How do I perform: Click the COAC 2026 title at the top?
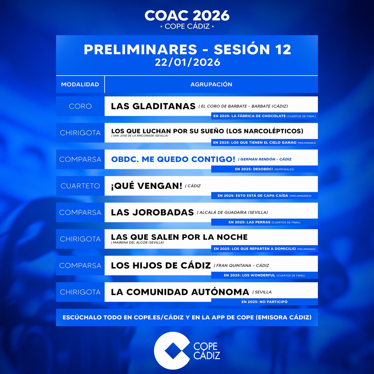point(187,16)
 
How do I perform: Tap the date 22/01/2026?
point(187,62)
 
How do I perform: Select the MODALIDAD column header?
point(80,84)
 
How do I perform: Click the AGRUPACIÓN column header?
point(211,84)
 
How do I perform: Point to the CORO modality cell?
point(80,106)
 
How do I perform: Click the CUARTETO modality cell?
point(80,186)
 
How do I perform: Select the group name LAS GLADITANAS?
point(153,106)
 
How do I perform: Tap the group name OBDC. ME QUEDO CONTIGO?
point(173,159)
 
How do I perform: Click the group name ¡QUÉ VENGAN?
point(146,186)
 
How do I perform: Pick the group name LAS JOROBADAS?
point(152,213)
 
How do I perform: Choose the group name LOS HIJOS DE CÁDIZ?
point(161,266)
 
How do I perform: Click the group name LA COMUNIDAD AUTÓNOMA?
point(180,292)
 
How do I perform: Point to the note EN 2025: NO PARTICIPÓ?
point(264,302)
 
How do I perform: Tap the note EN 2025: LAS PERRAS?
point(264,222)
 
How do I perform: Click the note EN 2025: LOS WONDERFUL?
point(264,275)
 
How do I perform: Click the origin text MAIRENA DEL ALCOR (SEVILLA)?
point(138,242)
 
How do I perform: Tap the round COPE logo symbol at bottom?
point(172,350)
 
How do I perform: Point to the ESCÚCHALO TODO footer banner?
point(187,318)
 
